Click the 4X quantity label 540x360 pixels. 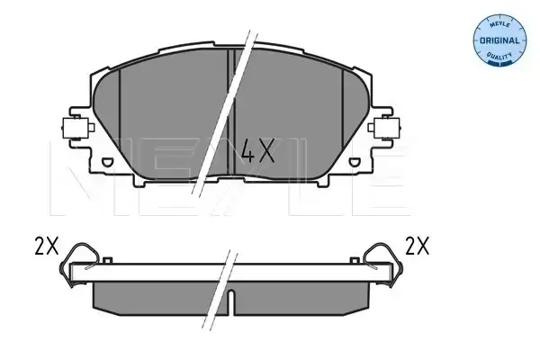coord(258,150)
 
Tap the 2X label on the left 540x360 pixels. coord(47,246)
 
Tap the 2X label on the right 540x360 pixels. coord(418,246)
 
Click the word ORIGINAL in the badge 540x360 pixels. coord(499,40)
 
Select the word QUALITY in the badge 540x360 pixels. coord(499,56)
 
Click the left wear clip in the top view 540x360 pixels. coord(77,128)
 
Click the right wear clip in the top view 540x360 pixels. coord(383,128)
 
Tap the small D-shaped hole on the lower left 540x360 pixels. coord(107,162)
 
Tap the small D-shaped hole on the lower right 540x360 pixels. coord(354,162)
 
